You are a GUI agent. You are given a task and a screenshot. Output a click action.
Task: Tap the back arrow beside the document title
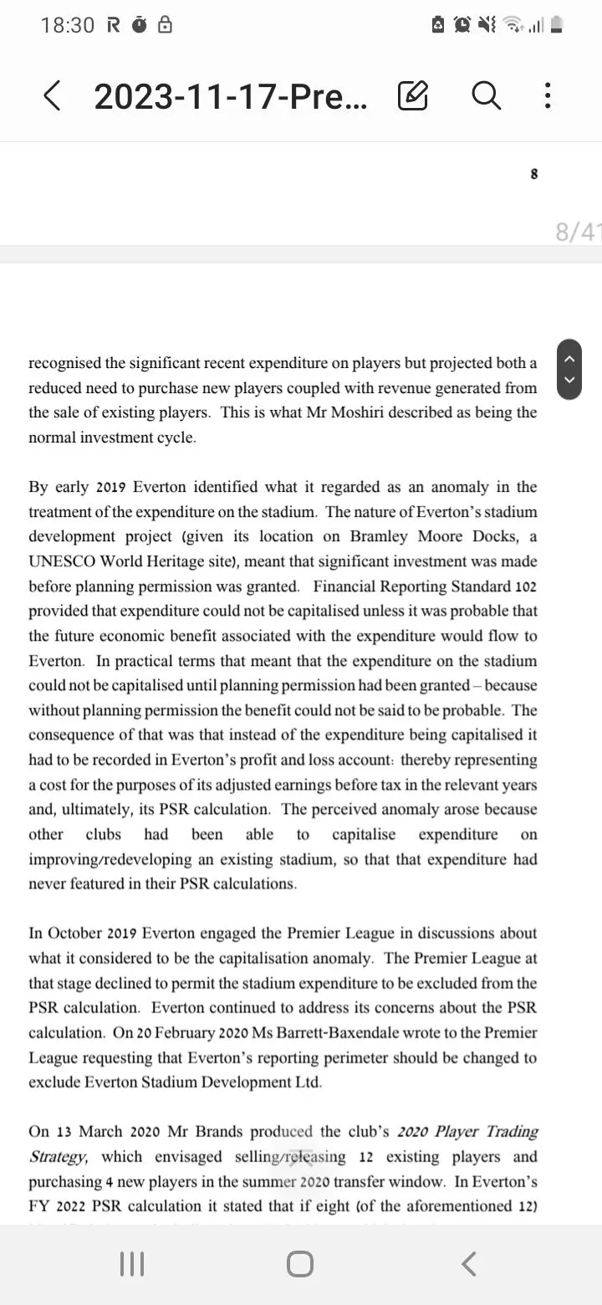point(52,95)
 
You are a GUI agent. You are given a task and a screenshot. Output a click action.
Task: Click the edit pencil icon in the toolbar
point(413,95)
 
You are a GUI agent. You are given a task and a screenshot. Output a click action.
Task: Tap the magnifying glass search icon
point(486,95)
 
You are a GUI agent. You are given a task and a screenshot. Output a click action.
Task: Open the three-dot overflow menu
point(548,95)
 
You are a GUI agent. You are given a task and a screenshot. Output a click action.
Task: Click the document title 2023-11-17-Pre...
point(230,96)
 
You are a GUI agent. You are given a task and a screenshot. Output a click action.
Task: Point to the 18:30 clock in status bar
point(68,26)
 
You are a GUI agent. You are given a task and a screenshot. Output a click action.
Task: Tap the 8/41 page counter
point(578,232)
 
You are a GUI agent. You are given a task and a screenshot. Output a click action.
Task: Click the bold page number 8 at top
point(534,174)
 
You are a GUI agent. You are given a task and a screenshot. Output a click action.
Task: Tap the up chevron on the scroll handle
point(570,359)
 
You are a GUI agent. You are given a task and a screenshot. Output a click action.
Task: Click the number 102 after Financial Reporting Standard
point(526,586)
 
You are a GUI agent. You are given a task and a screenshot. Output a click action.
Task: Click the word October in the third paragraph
point(74,934)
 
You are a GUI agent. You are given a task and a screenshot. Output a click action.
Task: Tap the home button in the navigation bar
point(300,1264)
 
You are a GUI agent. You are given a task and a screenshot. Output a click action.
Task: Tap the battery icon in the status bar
point(556,26)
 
